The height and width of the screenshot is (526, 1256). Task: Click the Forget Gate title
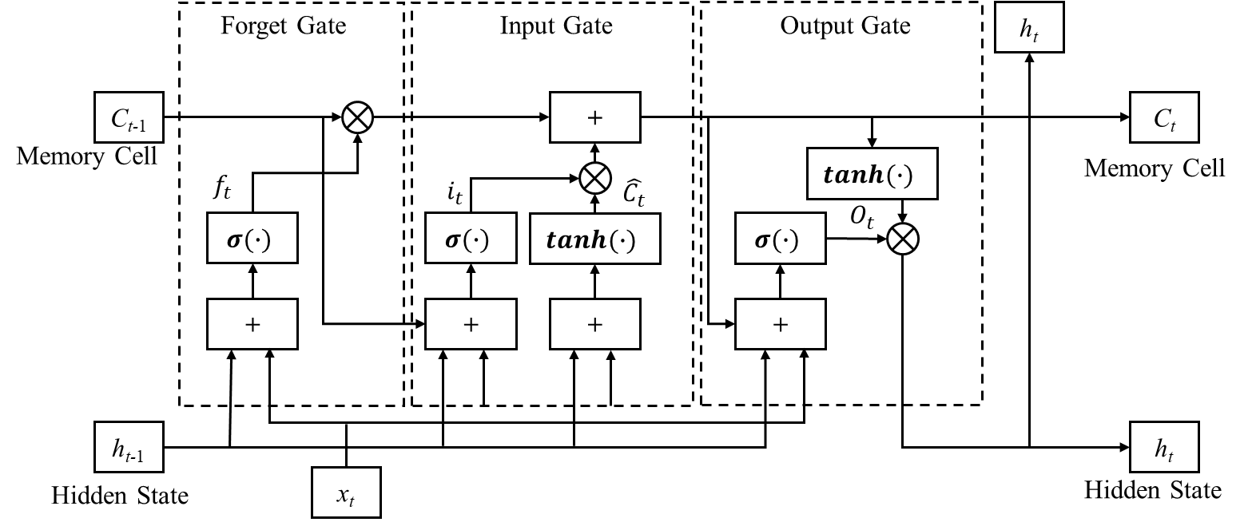coord(283,26)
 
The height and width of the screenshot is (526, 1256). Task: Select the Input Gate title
coord(556,26)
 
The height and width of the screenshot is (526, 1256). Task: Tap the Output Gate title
coord(845,26)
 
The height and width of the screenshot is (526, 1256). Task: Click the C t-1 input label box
coord(129,118)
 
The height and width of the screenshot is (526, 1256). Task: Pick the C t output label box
coord(1164,118)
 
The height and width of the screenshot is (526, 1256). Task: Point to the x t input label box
coord(345,494)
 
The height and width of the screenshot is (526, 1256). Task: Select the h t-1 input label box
coord(129,448)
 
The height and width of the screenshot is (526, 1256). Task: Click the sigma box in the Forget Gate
coord(252,238)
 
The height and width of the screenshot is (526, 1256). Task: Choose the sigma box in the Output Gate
coord(780,238)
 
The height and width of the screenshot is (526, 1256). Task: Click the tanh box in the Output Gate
coord(872,173)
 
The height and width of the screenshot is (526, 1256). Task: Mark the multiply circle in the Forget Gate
coord(358,119)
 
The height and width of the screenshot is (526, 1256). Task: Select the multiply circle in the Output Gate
coord(903,239)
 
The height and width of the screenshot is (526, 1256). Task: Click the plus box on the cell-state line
coord(594,117)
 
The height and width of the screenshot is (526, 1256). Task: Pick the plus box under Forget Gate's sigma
coord(252,324)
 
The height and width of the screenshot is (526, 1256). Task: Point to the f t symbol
coord(222,190)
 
